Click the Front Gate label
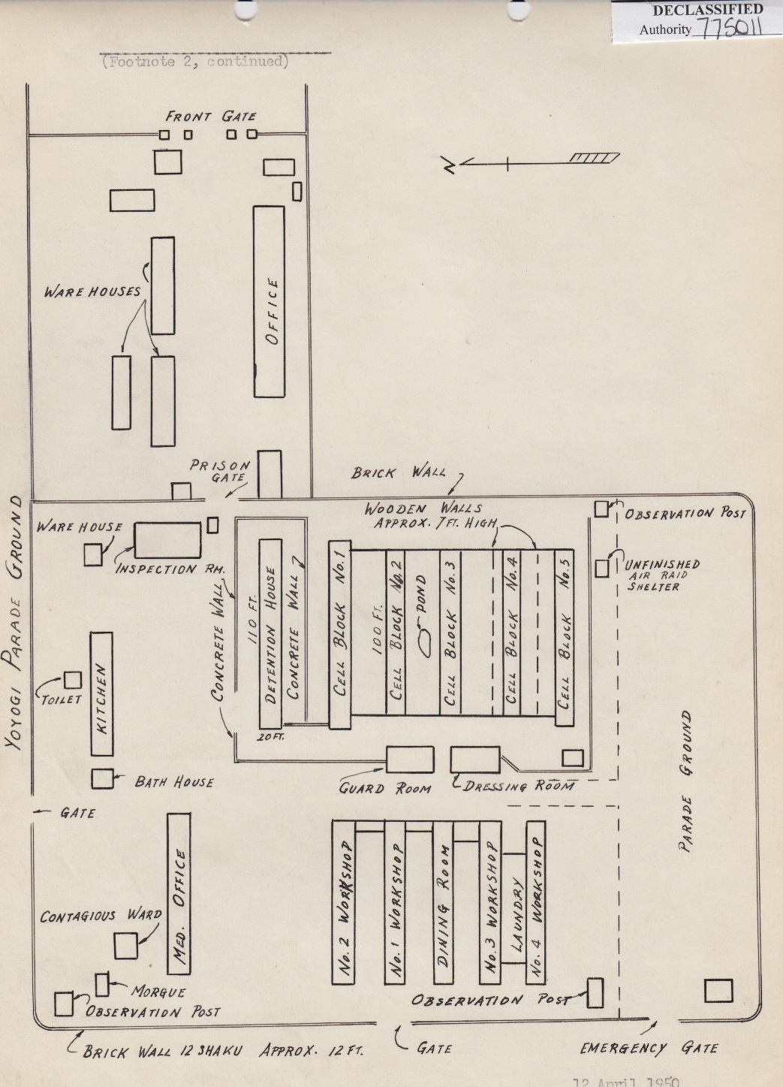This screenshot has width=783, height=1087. click(x=211, y=116)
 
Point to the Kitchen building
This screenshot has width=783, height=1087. click(x=101, y=693)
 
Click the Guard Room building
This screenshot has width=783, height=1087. click(x=409, y=759)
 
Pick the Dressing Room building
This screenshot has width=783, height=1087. click(x=474, y=759)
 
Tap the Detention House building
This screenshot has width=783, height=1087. click(x=270, y=633)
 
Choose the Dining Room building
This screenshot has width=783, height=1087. click(x=444, y=902)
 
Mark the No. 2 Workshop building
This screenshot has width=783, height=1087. click(x=343, y=902)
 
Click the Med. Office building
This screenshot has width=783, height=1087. click(x=179, y=894)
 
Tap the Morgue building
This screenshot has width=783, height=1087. click(x=103, y=984)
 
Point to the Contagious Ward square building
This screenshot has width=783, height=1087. click(x=125, y=945)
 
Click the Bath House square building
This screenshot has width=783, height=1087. click(x=102, y=779)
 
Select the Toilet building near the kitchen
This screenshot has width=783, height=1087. click(x=73, y=680)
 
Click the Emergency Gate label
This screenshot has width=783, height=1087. click(x=649, y=1048)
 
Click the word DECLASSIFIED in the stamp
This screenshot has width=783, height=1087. click(x=707, y=11)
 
